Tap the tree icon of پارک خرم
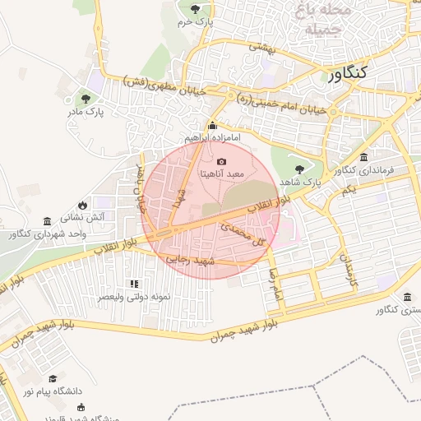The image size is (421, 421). tap(195, 9)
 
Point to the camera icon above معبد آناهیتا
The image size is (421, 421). tap(221, 162)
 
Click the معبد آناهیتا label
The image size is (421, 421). tap(223, 175)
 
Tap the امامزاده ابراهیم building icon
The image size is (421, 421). tap(213, 126)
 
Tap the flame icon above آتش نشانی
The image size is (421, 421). tap(82, 205)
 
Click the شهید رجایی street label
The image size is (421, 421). tap(190, 260)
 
